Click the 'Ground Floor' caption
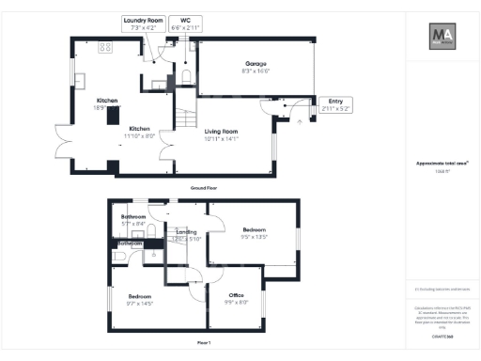205,188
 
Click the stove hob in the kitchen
105,47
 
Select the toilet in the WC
187,76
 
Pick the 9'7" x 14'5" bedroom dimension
140,303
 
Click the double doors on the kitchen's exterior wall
64,141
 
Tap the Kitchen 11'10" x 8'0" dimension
140,135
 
